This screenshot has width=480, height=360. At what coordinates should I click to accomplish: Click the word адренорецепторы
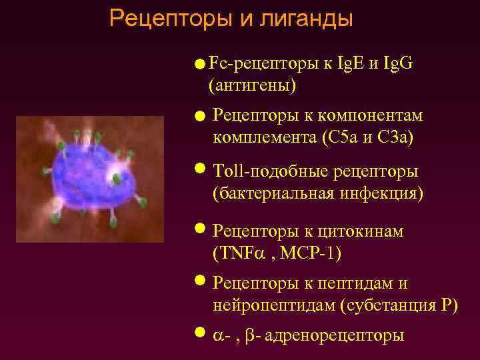(334, 335)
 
